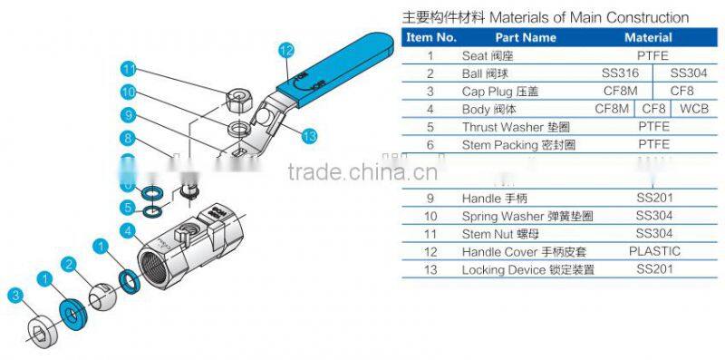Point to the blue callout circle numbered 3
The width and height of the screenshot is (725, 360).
(14, 294)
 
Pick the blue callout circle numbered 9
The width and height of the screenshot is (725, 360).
(129, 115)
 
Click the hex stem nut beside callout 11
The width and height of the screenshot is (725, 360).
(240, 96)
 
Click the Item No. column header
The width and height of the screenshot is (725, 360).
(430, 38)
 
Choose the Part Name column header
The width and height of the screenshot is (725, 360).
(526, 38)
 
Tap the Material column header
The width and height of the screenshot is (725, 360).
(648, 38)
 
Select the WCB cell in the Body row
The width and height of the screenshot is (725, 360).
(693, 109)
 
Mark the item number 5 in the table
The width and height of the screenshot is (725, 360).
(430, 127)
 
